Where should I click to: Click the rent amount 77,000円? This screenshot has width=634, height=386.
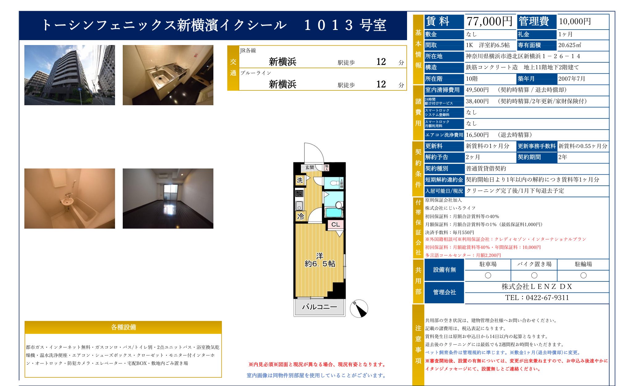(489, 22)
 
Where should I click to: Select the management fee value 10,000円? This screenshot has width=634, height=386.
(575, 22)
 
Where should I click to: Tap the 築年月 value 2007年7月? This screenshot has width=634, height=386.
(571, 79)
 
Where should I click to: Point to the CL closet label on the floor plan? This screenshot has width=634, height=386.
(336, 224)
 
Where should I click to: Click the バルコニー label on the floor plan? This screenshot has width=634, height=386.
(319, 307)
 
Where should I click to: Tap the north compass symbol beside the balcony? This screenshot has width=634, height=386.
(359, 308)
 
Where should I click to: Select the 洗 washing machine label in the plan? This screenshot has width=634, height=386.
(300, 180)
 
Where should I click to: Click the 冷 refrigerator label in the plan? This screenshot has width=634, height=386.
(300, 216)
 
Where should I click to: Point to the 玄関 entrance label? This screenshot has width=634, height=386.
(309, 167)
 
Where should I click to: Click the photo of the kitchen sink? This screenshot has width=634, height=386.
(168, 75)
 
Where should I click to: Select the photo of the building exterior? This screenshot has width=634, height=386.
(69, 75)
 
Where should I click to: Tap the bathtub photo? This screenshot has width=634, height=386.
(69, 198)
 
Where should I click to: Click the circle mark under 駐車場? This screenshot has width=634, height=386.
(488, 275)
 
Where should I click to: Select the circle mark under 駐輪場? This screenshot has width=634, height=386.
(583, 275)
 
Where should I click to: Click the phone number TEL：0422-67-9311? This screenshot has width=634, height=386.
(537, 298)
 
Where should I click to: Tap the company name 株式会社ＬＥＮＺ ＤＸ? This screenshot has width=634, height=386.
(537, 287)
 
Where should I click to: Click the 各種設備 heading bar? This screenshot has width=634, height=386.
(123, 327)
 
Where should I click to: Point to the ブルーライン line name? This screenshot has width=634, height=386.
(256, 73)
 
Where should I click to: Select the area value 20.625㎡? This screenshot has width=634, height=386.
(569, 45)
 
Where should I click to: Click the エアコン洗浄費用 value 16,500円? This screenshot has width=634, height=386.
(477, 135)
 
